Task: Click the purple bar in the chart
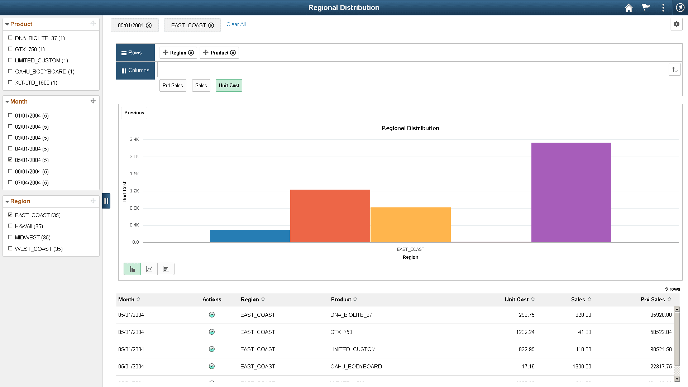pos(571,192)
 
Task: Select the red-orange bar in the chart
pos(330,216)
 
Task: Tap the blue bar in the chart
pos(250,236)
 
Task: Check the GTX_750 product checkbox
pos(10,49)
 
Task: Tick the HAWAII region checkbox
pos(10,226)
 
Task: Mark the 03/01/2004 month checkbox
pos(10,138)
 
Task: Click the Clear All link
pos(236,24)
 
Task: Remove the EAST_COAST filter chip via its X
pos(211,25)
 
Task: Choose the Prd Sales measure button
pos(173,85)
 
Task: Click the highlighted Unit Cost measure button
pos(229,85)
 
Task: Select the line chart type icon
pos(149,269)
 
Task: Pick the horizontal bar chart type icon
pos(166,269)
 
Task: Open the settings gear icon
pos(676,24)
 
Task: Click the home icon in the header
pos(629,8)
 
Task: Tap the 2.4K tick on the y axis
pos(134,139)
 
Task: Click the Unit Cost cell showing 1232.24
pos(525,332)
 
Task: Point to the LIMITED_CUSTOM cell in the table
pos(353,349)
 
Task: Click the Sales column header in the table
pos(578,300)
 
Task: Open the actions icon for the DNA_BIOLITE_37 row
pos(212,315)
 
